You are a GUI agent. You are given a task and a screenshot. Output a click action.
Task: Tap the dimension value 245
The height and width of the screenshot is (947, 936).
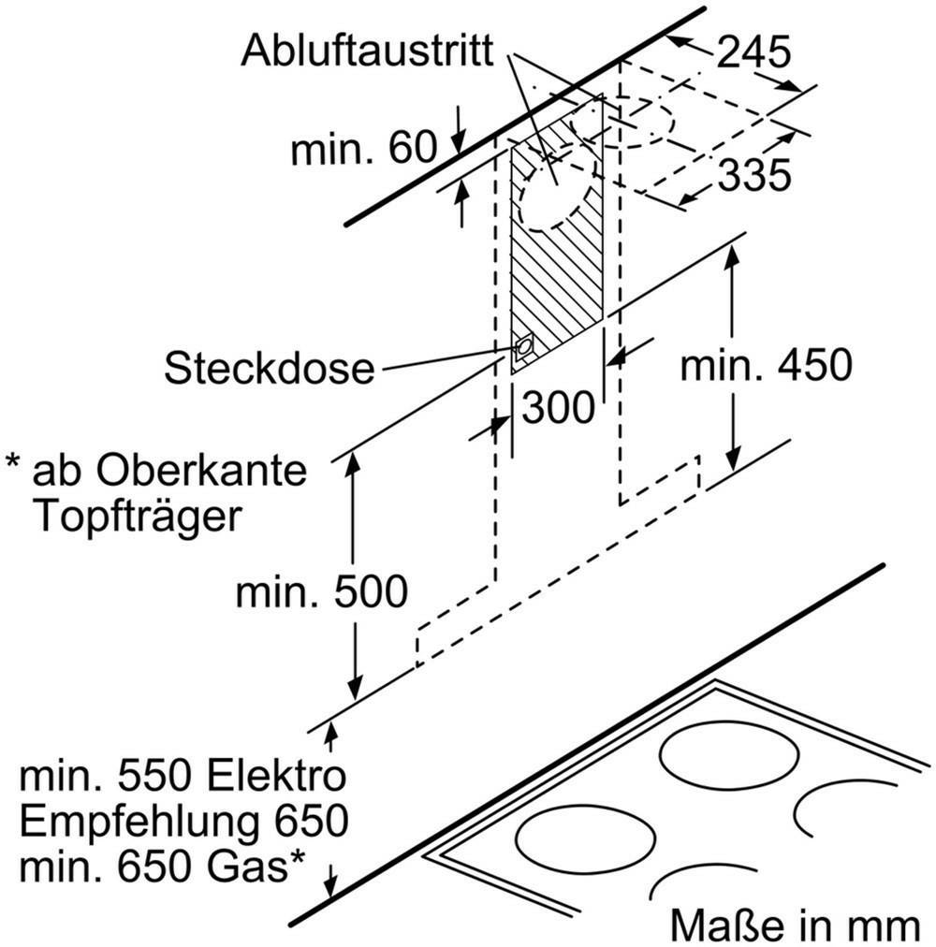(753, 52)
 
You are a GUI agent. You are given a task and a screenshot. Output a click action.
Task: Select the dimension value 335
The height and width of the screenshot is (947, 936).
(754, 175)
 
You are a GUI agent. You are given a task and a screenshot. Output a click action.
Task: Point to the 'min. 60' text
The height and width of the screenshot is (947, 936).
(363, 147)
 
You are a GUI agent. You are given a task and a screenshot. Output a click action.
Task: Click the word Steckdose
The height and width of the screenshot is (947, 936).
(270, 368)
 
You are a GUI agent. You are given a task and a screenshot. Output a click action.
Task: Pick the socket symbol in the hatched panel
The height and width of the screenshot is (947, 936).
(522, 348)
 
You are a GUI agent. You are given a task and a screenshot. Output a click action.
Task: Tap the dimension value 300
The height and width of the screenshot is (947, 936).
(559, 407)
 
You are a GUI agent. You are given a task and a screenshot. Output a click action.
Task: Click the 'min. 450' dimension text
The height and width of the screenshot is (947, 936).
(767, 365)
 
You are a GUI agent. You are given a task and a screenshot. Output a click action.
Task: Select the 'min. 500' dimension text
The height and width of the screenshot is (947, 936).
(321, 591)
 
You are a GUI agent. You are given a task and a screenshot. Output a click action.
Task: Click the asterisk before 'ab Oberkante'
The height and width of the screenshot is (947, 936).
(13, 462)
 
